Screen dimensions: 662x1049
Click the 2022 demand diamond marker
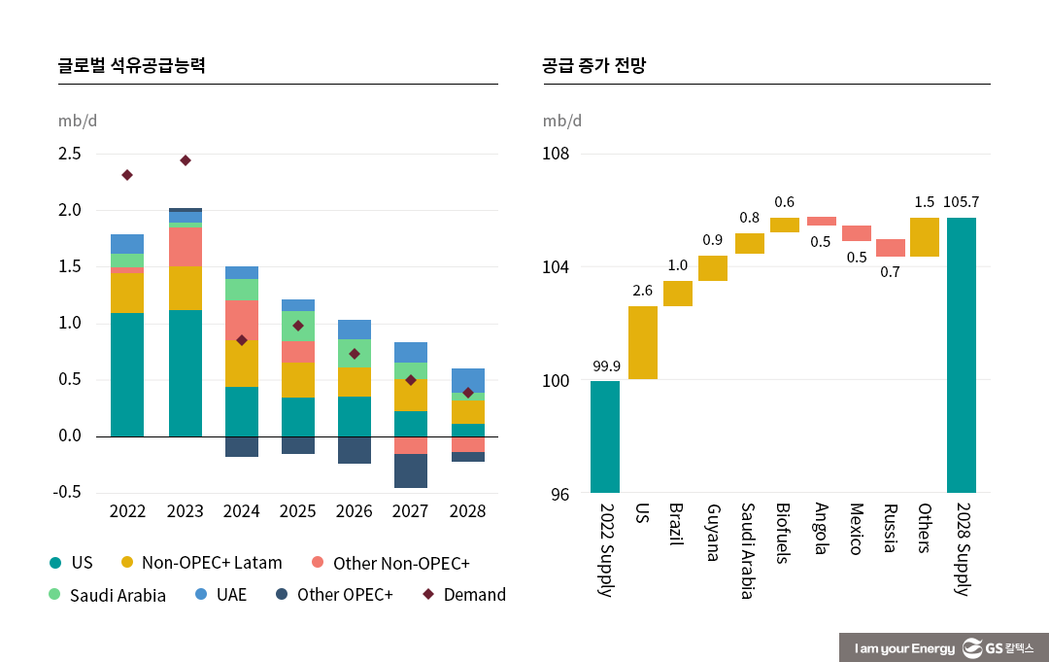pyautogui.click(x=127, y=175)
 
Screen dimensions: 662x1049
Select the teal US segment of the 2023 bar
pyautogui.click(x=185, y=373)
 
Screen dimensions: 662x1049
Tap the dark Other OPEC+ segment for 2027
pyautogui.click(x=411, y=470)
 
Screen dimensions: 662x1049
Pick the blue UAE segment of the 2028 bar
pyautogui.click(x=468, y=380)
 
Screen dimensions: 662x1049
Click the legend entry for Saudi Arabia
pyautogui.click(x=107, y=595)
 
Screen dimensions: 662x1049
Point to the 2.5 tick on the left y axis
pyautogui.click(x=69, y=154)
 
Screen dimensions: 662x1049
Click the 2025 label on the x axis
pyautogui.click(x=298, y=511)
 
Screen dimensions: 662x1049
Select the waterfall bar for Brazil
pyautogui.click(x=678, y=294)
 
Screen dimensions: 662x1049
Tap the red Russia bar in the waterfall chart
pyautogui.click(x=891, y=248)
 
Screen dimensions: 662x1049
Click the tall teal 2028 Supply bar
pyautogui.click(x=962, y=355)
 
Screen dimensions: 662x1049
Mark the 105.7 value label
pyautogui.click(x=962, y=202)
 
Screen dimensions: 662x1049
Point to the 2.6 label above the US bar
pyautogui.click(x=643, y=291)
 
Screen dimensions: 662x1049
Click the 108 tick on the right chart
pyautogui.click(x=556, y=154)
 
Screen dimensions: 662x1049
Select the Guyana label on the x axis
pyautogui.click(x=713, y=533)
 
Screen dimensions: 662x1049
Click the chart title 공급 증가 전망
pyautogui.click(x=594, y=66)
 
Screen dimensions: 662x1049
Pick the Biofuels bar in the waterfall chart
pyautogui.click(x=785, y=225)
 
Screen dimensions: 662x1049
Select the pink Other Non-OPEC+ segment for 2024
pyautogui.click(x=242, y=320)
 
